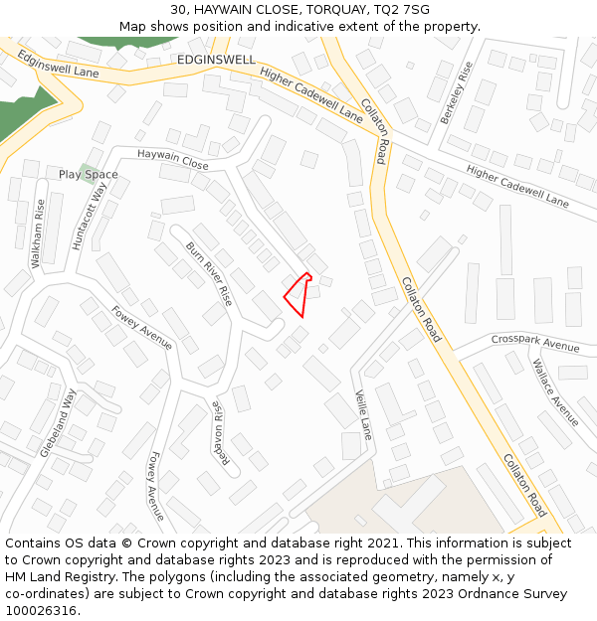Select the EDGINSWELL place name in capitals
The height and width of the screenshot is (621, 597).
coord(216,60)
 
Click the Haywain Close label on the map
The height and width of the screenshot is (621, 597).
coord(173,158)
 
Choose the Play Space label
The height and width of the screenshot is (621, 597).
coord(88,175)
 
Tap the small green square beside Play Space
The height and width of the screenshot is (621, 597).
coord(89,171)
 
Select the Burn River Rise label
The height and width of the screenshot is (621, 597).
coord(209,273)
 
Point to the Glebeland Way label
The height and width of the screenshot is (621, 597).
coord(58,422)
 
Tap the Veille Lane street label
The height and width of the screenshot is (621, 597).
coord(363,415)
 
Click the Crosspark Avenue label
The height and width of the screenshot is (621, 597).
coord(535,343)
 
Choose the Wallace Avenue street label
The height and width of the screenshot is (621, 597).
coord(553,392)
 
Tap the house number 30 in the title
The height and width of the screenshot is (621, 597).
coord(178,10)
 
